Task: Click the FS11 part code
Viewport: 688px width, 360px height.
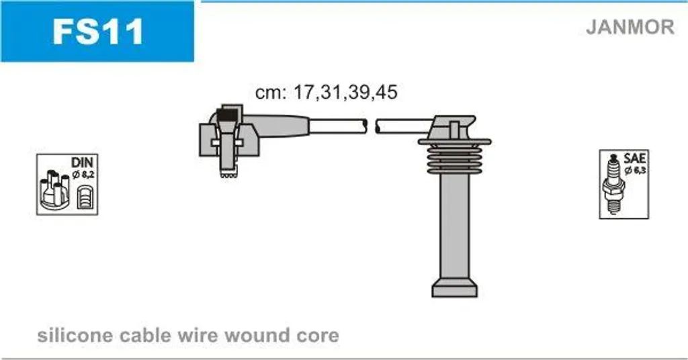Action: coord(97,31)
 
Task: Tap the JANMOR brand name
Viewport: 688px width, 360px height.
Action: coord(630,27)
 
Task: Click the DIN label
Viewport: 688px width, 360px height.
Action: coord(82,162)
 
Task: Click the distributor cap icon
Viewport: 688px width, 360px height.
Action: coord(54,189)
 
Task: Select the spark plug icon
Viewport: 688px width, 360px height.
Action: coord(613,184)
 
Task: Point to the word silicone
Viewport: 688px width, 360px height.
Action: coord(75,335)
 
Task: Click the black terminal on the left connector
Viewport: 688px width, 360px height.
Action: coord(228,116)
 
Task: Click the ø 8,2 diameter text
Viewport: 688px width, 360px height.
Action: coord(83,175)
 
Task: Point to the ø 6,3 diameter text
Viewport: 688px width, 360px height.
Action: coord(635,170)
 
